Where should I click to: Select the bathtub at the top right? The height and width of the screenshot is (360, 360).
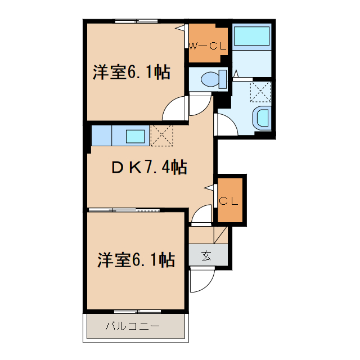(x=252, y=36)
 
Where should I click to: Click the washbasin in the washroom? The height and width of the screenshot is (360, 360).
(x=262, y=118)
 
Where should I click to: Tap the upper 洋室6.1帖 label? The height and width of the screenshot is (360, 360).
(x=131, y=73)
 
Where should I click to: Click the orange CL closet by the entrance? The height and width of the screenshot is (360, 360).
(x=230, y=200)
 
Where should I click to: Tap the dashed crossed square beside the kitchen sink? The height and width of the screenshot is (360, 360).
(x=162, y=136)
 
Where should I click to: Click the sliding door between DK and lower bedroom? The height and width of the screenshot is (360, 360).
(x=124, y=210)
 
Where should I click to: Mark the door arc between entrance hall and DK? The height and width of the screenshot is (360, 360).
(x=201, y=215)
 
